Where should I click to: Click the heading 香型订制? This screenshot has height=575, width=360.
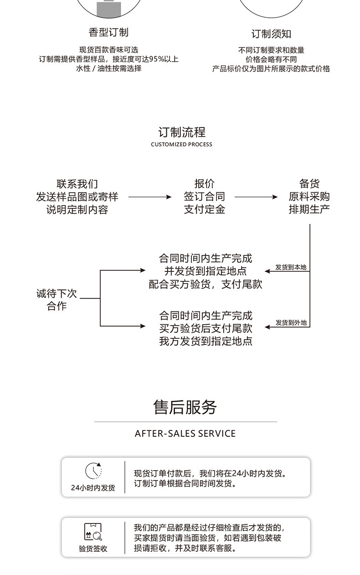(x=108, y=32)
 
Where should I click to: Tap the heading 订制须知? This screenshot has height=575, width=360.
(x=271, y=34)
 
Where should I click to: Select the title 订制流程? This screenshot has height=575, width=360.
(x=182, y=132)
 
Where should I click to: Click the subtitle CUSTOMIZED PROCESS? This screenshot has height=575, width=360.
(x=181, y=145)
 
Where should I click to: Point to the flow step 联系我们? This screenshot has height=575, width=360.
(x=77, y=184)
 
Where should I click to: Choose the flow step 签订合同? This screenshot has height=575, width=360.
(x=204, y=197)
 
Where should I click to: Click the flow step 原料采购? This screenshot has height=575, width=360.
(x=309, y=197)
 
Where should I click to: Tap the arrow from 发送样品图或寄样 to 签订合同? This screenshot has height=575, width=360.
(x=150, y=197)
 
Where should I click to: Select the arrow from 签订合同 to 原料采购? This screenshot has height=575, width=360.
(x=256, y=197)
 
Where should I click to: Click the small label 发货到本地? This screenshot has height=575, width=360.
(x=291, y=267)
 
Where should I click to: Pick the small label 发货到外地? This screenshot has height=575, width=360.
(x=291, y=323)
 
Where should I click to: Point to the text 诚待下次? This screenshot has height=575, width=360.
(x=57, y=294)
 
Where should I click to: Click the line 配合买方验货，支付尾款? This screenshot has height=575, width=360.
(x=205, y=284)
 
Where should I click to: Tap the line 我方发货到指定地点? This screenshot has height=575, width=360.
(x=206, y=341)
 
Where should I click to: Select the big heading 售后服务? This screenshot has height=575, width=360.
(x=185, y=407)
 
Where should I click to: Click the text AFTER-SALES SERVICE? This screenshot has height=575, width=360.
(x=185, y=434)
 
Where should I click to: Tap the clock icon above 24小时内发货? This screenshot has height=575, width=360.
(x=93, y=471)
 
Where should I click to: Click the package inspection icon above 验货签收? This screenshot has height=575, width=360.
(x=93, y=532)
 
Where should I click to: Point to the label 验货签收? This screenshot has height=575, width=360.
(x=93, y=549)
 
